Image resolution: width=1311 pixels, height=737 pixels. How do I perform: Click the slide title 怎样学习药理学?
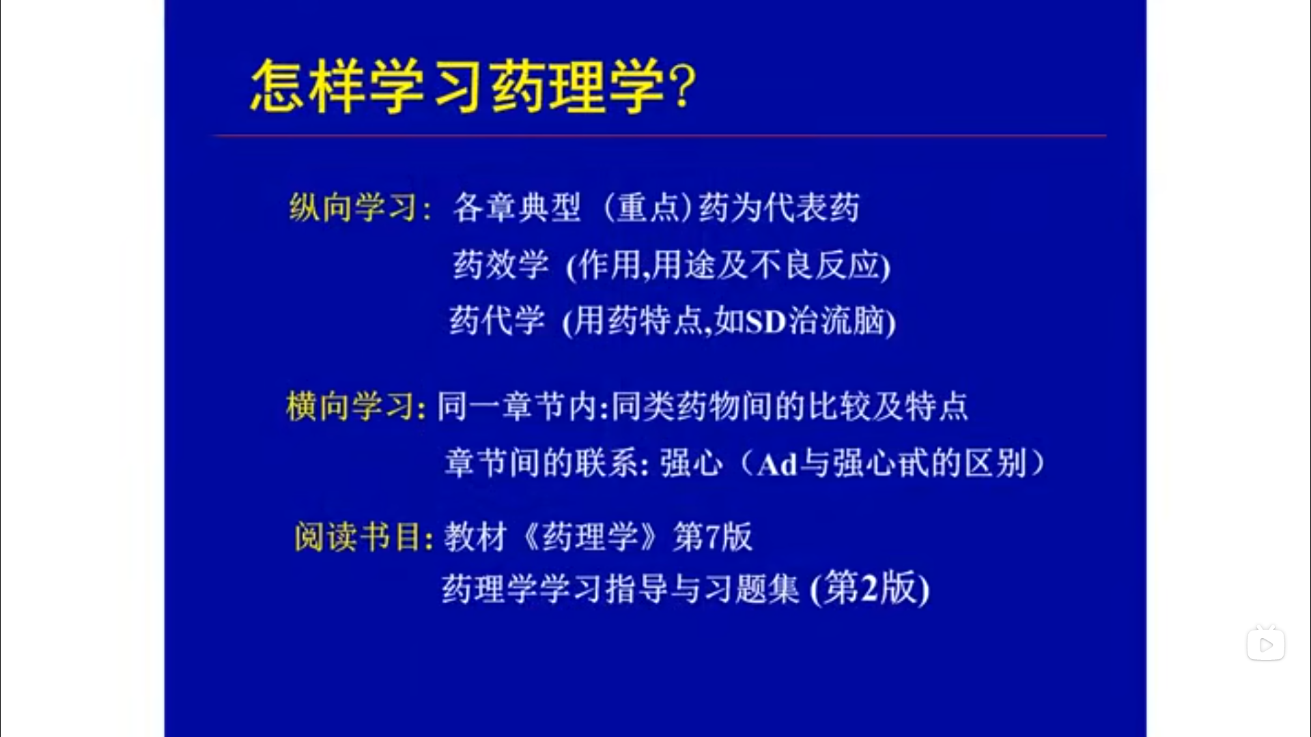(473, 86)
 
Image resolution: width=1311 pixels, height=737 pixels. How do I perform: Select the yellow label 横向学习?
(350, 406)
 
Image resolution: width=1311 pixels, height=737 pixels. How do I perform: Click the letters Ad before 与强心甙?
(778, 465)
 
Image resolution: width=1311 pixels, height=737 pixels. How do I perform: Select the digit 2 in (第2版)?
(869, 588)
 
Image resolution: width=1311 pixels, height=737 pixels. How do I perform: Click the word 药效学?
(501, 264)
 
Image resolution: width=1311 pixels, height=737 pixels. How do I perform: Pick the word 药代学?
(497, 321)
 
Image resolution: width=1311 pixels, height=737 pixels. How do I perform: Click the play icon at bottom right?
(1266, 644)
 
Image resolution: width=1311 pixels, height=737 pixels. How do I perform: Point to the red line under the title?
(660, 136)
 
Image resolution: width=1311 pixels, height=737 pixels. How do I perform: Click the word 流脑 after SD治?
(853, 321)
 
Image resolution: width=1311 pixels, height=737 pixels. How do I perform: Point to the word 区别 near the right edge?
(996, 464)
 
